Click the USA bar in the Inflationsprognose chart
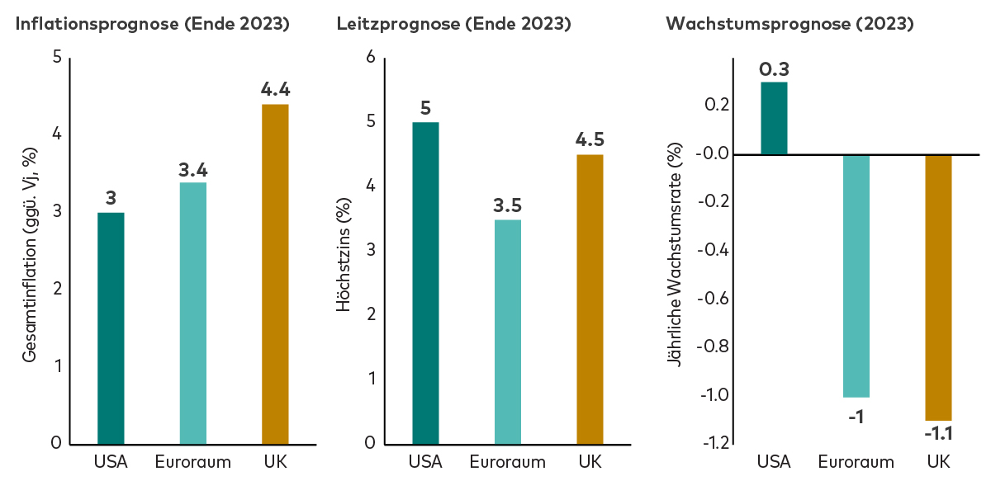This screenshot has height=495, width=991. (x=111, y=328)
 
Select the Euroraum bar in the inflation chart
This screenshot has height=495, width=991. (x=193, y=313)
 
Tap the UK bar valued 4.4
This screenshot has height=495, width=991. (x=275, y=274)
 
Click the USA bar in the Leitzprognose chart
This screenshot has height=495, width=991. (x=425, y=283)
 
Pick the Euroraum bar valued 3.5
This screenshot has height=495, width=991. (x=508, y=332)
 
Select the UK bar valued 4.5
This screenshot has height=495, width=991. (x=590, y=299)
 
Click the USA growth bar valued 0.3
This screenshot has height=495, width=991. (x=775, y=119)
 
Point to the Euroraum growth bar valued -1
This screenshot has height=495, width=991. (x=856, y=276)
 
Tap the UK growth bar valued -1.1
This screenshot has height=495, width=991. (x=938, y=288)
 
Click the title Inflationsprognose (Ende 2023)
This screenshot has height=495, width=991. (x=153, y=24)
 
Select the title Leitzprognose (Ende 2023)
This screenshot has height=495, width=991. (x=454, y=24)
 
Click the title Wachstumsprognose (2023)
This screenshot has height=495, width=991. (x=789, y=24)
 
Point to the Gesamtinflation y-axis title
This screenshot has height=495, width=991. (x=30, y=255)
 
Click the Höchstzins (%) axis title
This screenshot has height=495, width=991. (x=344, y=255)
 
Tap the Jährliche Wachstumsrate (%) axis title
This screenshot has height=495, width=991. (x=674, y=255)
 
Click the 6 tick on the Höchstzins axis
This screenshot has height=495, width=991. (x=371, y=57)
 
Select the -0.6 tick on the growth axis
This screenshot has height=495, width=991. (x=714, y=299)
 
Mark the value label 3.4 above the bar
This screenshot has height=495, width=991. (x=193, y=170)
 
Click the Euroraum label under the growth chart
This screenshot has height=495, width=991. (x=856, y=462)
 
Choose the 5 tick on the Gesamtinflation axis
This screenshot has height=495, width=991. (x=57, y=57)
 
